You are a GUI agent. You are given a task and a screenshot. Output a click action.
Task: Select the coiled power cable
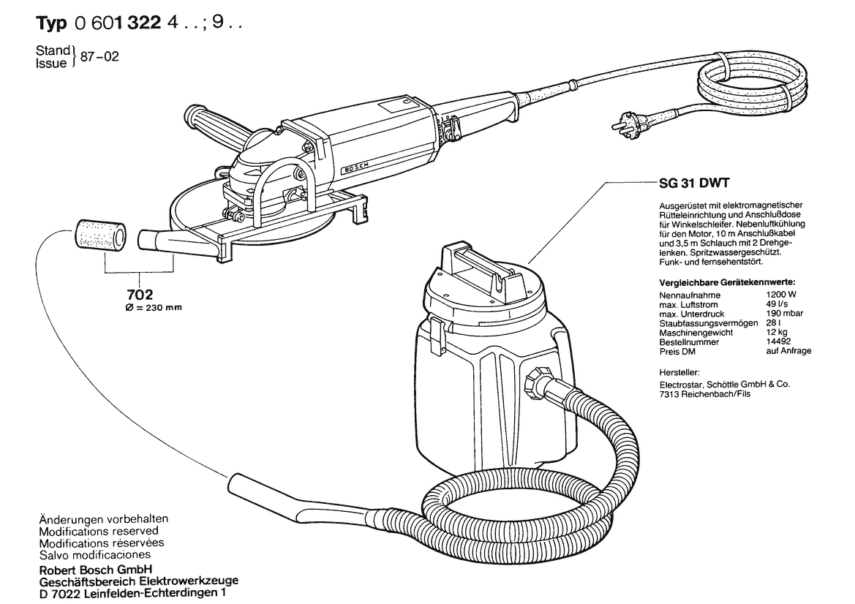753,85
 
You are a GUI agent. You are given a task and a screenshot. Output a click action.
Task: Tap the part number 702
139,295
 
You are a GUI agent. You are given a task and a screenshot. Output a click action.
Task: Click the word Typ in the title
53,23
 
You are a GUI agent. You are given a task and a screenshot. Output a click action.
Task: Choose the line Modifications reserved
98,531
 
